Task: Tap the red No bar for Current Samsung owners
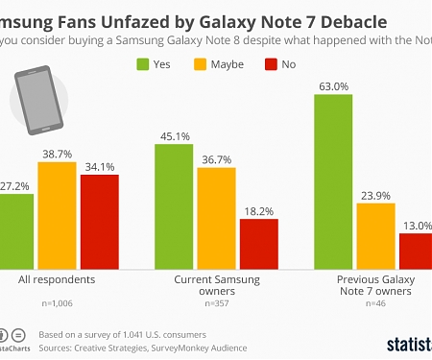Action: click(258, 242)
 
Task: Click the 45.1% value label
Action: click(174, 134)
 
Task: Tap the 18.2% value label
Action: click(258, 208)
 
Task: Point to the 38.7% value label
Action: click(57, 154)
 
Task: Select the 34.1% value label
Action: click(99, 165)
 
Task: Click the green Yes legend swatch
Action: click(143, 65)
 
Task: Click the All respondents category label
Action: click(57, 279)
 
